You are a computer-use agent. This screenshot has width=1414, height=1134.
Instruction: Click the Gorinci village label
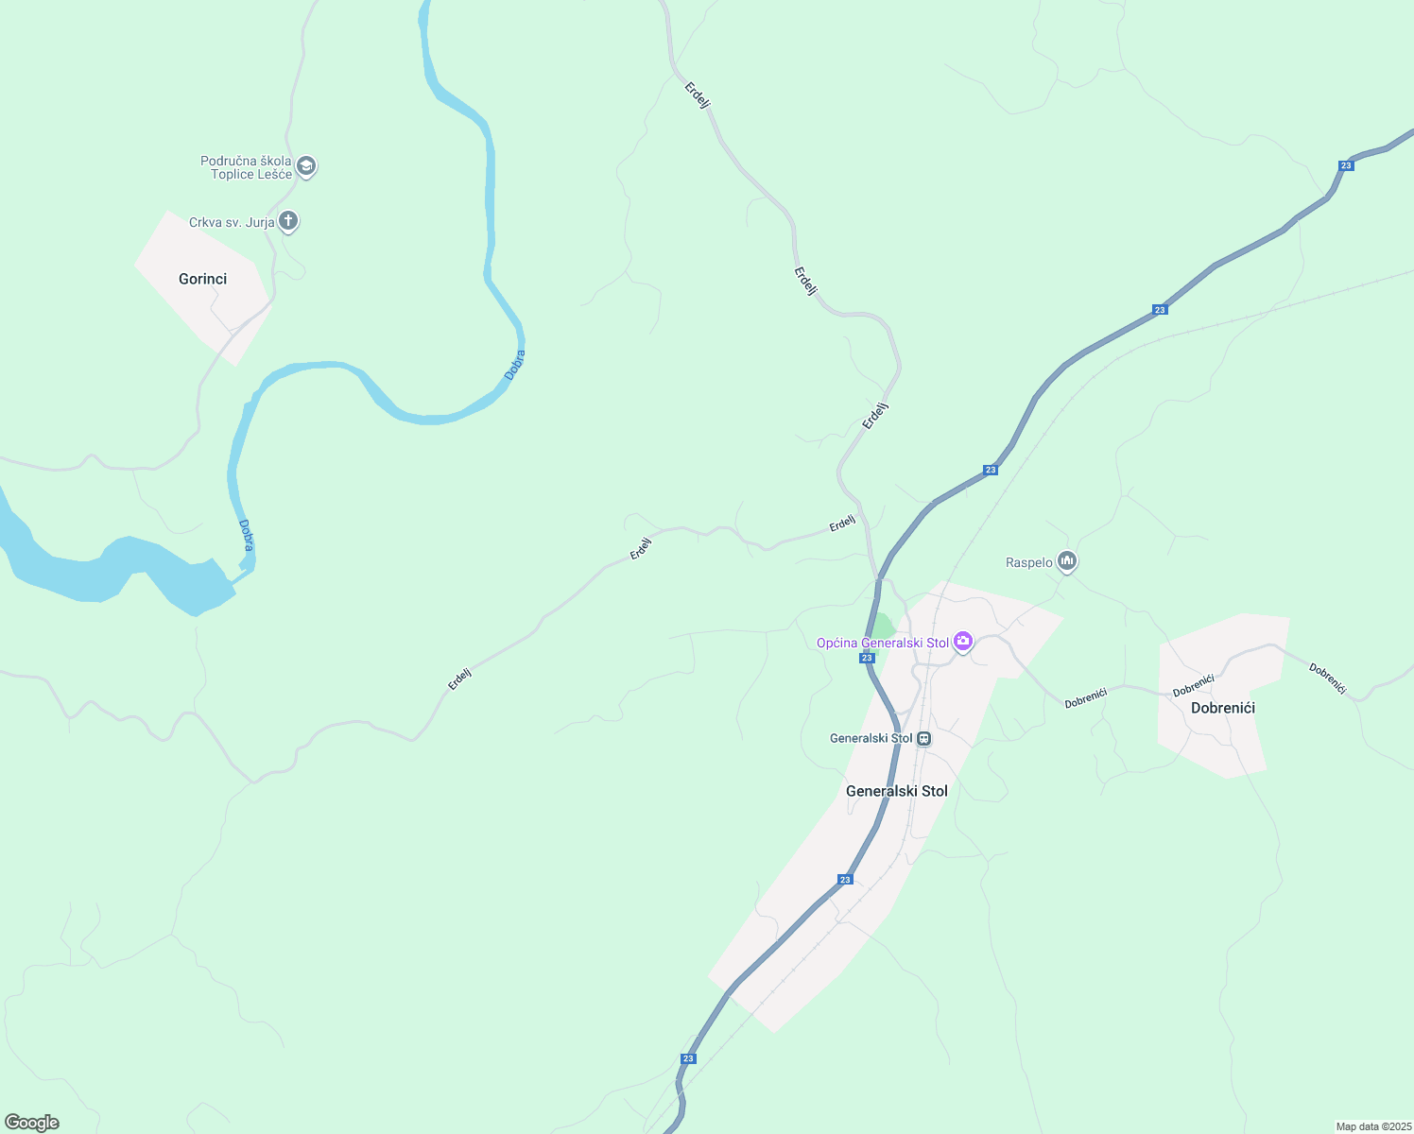(x=202, y=279)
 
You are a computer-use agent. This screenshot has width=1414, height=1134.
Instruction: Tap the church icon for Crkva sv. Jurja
(x=288, y=222)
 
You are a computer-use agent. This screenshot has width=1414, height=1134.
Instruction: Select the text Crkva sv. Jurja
(x=232, y=223)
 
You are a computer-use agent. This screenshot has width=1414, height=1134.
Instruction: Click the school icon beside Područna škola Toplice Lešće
(x=305, y=167)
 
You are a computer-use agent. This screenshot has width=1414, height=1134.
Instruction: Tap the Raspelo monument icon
(x=1067, y=562)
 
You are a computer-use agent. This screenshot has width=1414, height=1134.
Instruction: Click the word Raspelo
(x=1028, y=563)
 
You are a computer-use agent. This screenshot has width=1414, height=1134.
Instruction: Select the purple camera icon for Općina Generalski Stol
(x=963, y=643)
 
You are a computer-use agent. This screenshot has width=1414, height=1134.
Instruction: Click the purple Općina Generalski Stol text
(x=882, y=644)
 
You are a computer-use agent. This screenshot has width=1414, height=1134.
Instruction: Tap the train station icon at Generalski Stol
(x=924, y=739)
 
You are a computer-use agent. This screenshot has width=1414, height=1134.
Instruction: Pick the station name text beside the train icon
(x=871, y=739)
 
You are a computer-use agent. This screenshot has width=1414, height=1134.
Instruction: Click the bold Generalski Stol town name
(x=896, y=791)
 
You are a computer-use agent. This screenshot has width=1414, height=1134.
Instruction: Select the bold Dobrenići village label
(x=1222, y=708)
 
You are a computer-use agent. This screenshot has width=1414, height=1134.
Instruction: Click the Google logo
(x=32, y=1123)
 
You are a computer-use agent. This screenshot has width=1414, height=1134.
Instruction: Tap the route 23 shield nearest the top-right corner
(x=1346, y=165)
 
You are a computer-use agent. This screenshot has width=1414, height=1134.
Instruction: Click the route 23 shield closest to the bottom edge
(x=688, y=1058)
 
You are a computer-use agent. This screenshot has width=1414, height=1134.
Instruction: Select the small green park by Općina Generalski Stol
(x=882, y=627)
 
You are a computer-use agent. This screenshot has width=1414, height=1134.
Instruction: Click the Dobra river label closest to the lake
(x=247, y=536)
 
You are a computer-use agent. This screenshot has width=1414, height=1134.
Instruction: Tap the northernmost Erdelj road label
(x=698, y=95)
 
